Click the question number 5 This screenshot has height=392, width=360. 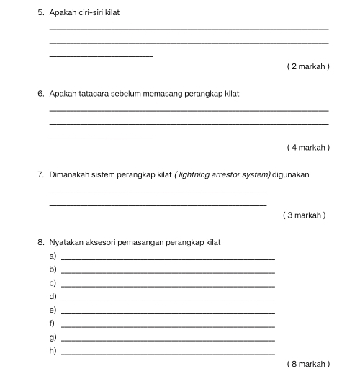(x=41, y=13)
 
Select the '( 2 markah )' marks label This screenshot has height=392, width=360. (x=308, y=67)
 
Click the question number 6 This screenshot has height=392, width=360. (x=41, y=94)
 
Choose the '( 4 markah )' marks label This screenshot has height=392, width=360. (x=308, y=148)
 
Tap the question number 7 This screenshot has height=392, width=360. (x=41, y=174)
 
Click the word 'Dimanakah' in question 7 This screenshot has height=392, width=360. (x=71, y=174)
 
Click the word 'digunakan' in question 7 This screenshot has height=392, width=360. (x=292, y=174)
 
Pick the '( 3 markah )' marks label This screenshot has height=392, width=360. (x=305, y=215)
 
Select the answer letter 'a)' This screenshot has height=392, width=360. (x=53, y=257)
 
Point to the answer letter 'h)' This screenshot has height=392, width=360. (x=53, y=351)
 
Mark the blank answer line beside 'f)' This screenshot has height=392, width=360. (x=168, y=326)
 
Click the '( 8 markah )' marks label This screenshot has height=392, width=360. (x=308, y=365)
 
